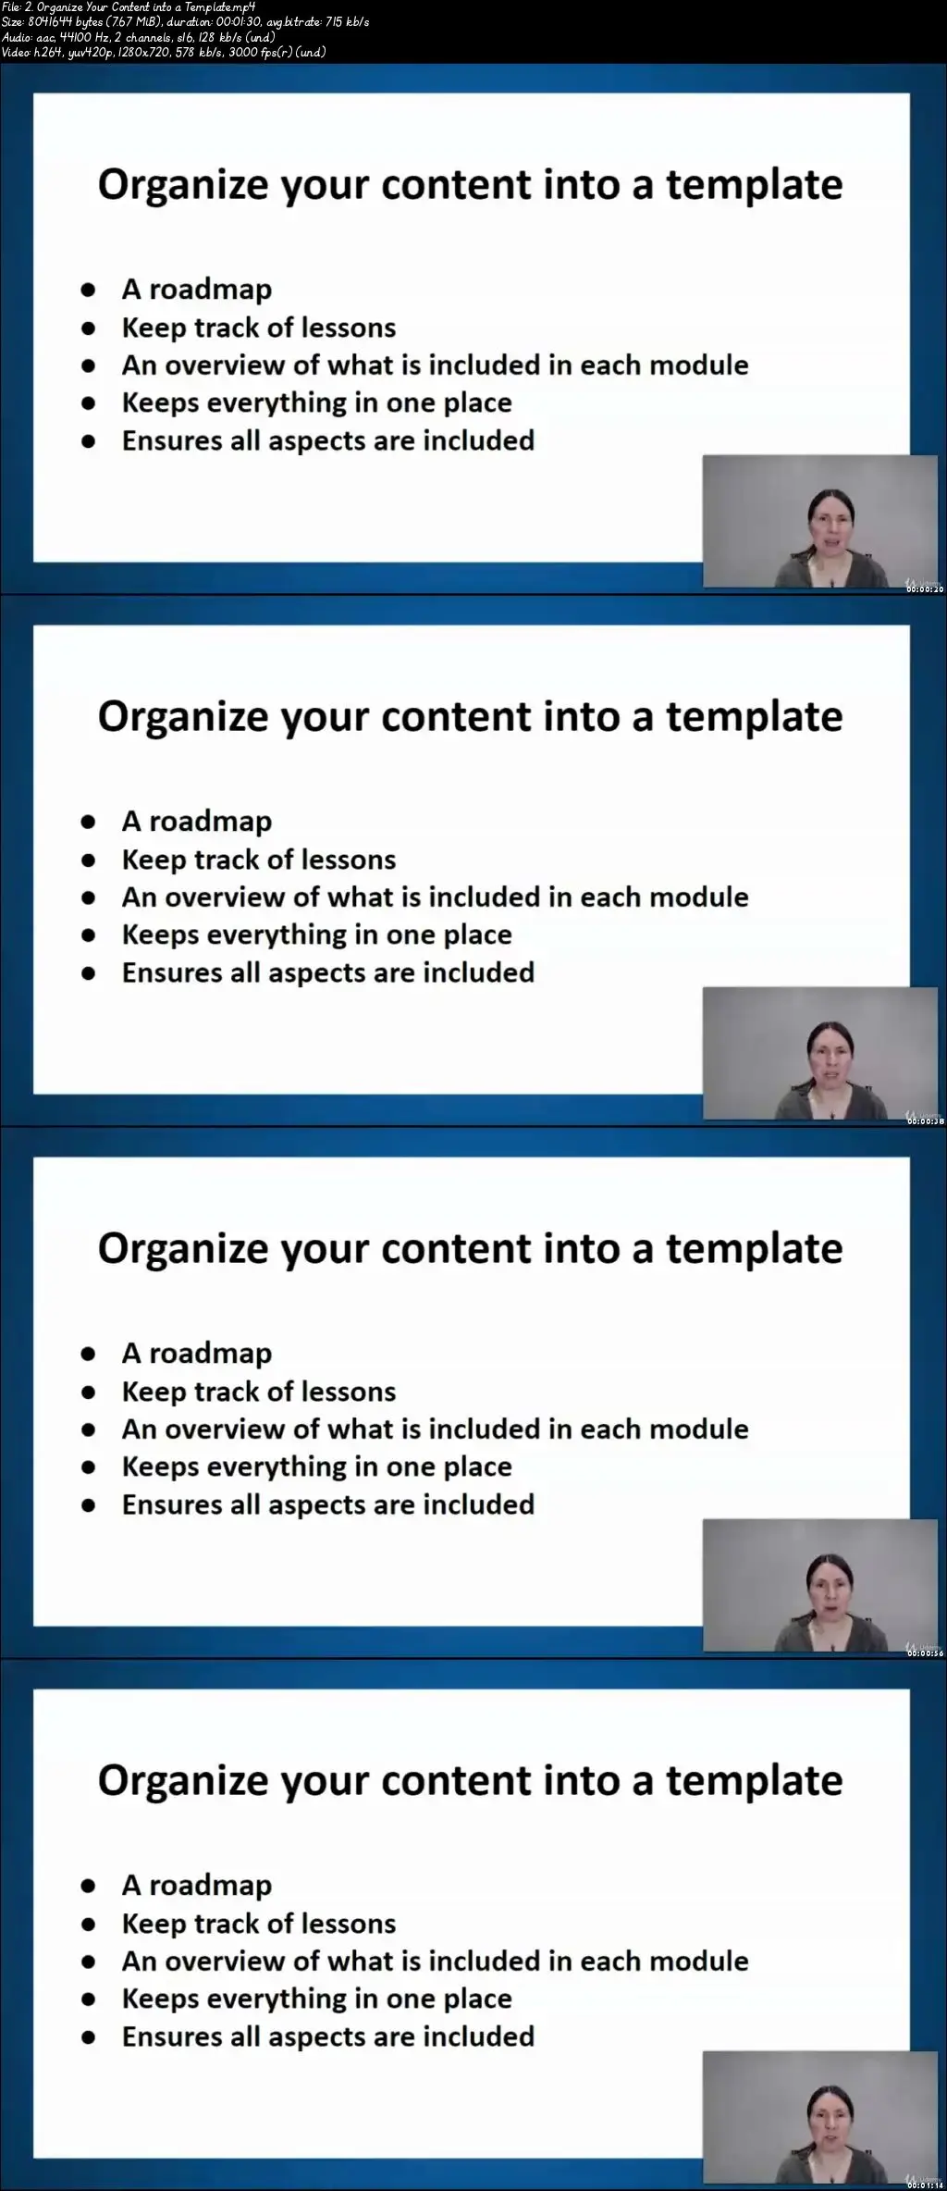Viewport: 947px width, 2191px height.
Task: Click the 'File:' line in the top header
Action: point(129,7)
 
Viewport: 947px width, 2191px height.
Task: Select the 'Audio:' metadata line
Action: point(139,37)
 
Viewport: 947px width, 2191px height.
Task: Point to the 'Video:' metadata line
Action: point(164,52)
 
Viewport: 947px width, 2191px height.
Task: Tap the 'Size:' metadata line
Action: point(185,22)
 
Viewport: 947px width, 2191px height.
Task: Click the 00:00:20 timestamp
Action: point(925,589)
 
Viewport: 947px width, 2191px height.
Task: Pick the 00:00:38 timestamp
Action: point(925,1121)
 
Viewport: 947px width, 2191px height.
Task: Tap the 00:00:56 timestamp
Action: point(925,1653)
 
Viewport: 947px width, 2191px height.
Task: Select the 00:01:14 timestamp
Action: point(925,2185)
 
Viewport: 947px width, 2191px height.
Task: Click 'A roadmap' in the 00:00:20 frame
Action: point(197,290)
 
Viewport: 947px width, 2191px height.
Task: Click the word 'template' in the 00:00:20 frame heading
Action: point(755,185)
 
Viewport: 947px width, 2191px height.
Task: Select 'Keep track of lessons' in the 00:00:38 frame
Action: point(259,860)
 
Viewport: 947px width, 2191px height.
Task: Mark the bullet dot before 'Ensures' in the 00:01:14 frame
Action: point(89,2036)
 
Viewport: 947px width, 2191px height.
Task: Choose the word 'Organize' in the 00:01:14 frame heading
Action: point(183,1781)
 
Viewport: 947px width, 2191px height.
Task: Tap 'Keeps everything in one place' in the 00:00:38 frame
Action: point(317,935)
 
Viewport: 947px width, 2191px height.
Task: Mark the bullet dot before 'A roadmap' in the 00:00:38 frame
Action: point(89,822)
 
